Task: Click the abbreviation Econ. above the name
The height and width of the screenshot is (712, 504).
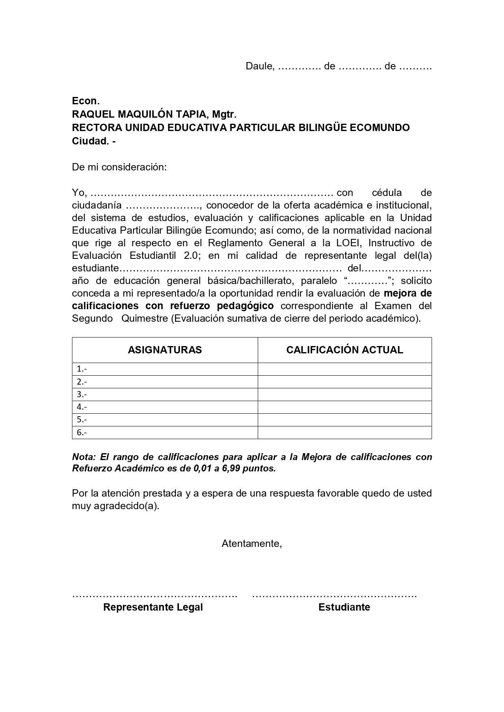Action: point(86,101)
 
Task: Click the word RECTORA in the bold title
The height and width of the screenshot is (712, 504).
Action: point(96,128)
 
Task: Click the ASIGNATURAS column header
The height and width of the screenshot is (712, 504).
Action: point(165,350)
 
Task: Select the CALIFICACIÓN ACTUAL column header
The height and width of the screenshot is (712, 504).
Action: point(344,350)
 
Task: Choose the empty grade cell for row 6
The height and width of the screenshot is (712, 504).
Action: point(344,432)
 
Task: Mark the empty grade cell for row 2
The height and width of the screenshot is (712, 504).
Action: point(344,382)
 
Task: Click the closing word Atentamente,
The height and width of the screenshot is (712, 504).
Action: point(252,544)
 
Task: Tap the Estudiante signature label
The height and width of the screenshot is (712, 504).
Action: point(344,607)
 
